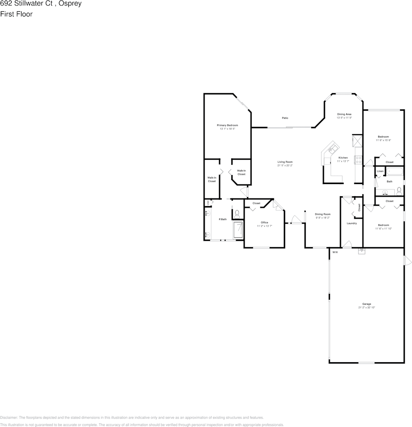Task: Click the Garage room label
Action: point(367,304)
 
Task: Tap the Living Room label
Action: point(285,162)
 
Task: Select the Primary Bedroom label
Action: point(227,125)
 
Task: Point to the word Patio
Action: point(285,118)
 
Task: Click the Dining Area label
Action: point(344,114)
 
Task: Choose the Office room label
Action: point(264,222)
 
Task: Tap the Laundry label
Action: point(352,223)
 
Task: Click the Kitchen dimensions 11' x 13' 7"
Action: point(343,161)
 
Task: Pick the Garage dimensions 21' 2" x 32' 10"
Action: point(367,308)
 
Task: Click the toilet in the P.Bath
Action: point(237,213)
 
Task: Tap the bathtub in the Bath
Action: point(396,171)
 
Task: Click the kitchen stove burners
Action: point(358,158)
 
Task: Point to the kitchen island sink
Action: point(333,147)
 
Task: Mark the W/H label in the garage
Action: point(335,252)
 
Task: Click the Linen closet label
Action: point(380,171)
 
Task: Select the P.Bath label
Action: point(222,219)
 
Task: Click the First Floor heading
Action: point(16,14)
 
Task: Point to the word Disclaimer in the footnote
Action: point(9,418)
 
